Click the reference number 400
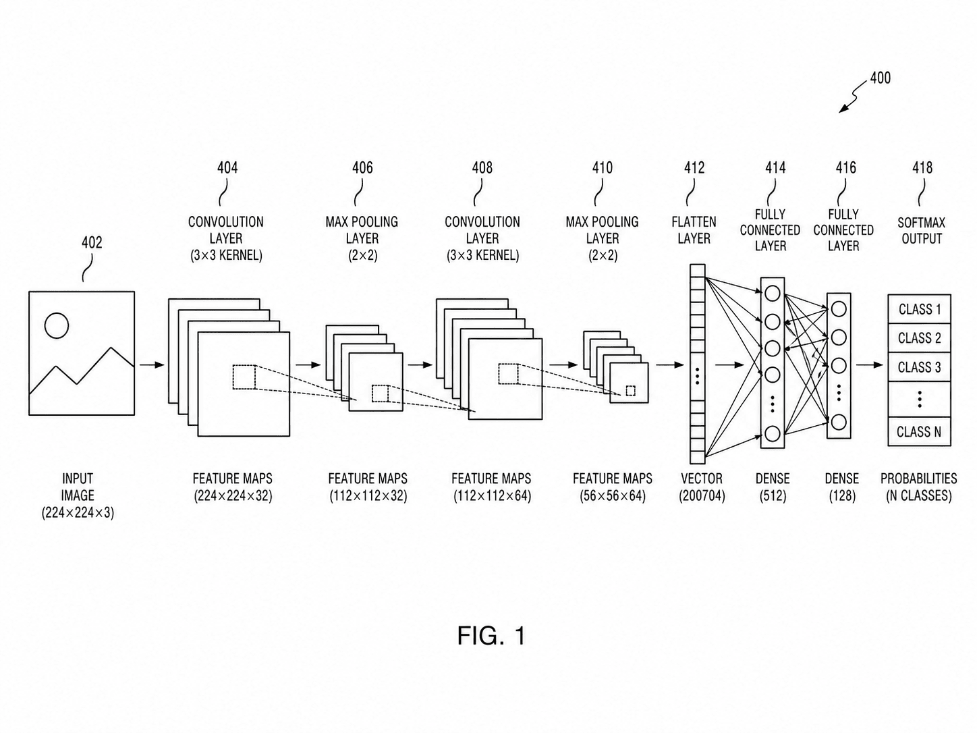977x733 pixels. (880, 78)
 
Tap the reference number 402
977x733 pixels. (92, 242)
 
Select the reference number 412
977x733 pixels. (694, 167)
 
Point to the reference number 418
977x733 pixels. (922, 167)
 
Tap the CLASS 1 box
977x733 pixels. (919, 309)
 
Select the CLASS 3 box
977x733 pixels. (919, 366)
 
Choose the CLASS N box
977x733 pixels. (919, 431)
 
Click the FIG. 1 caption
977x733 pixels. (491, 635)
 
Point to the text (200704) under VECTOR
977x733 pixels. (702, 496)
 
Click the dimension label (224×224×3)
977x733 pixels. (78, 513)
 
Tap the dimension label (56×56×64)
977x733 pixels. (613, 496)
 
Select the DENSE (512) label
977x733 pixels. (773, 487)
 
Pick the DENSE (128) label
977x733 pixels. (842, 487)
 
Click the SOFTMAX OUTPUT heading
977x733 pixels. (922, 231)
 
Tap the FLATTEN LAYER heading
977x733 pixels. (694, 230)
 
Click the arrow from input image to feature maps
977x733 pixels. (152, 365)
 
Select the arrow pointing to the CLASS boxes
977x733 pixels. (869, 365)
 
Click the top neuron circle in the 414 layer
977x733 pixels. (773, 294)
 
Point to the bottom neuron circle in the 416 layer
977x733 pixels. (839, 422)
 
